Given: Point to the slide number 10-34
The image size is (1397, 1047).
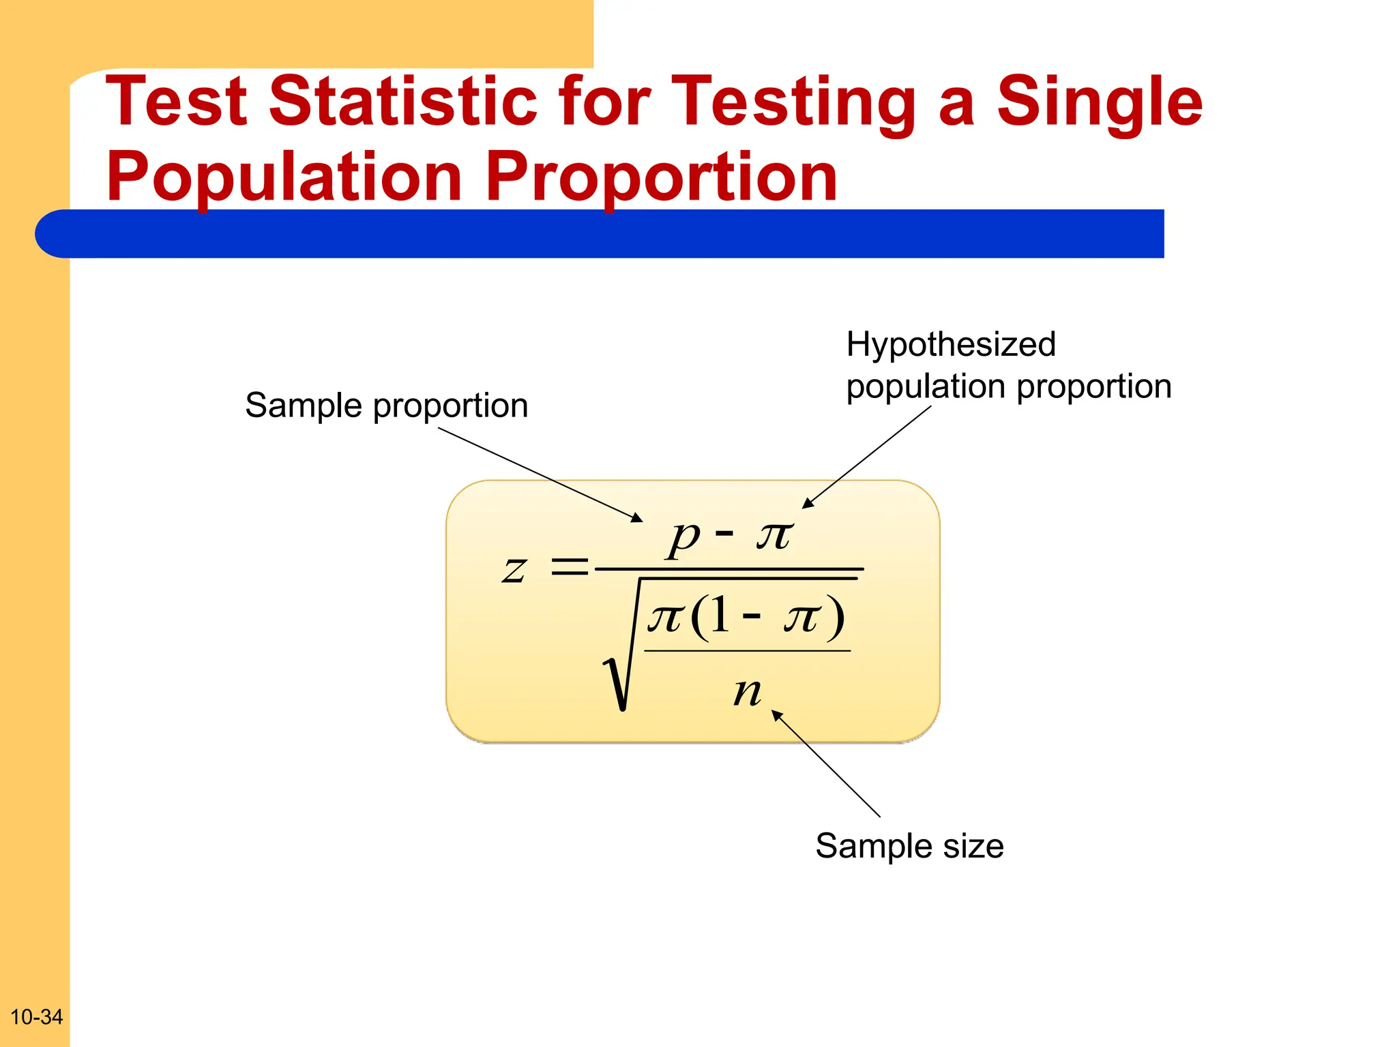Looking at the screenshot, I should coord(36,1017).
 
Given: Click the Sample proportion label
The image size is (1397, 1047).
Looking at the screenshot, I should coord(386,406).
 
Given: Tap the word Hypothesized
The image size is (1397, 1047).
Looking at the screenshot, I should coord(950,344).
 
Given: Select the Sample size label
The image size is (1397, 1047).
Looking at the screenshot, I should coord(909,846).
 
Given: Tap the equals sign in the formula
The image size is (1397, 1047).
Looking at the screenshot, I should coord(569,566).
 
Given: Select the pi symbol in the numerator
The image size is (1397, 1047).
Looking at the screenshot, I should coord(774,535).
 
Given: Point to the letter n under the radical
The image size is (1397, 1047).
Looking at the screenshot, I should coord(747,693).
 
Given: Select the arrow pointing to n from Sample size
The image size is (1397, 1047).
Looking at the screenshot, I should coord(825,763).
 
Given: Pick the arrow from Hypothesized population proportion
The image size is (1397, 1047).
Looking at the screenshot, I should coord(866,457).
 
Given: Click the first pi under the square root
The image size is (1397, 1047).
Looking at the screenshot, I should coord(664,618).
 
